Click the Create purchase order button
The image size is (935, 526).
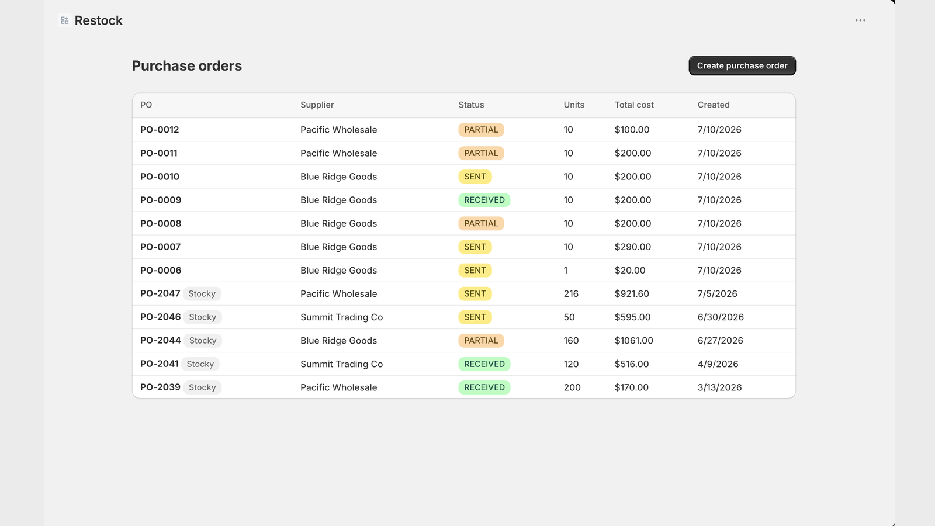tap(742, 65)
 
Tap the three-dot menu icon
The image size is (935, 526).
tap(860, 20)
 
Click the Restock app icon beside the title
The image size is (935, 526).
tap(65, 20)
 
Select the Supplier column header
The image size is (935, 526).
tap(317, 105)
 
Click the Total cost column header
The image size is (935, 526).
tap(634, 105)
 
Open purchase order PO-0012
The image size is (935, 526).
tap(160, 129)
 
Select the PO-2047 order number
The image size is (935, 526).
tap(160, 293)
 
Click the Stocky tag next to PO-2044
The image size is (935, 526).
tap(203, 340)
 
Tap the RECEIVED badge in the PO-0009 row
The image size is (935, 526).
tap(484, 199)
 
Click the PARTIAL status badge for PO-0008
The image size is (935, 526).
tap(482, 223)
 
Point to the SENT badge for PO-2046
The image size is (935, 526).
tap(475, 317)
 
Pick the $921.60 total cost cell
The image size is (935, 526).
tap(632, 293)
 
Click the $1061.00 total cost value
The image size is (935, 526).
tap(633, 340)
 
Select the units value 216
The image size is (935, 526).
tap(571, 293)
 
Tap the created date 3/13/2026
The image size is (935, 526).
tap(719, 387)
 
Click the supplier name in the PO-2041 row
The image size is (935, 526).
tap(341, 364)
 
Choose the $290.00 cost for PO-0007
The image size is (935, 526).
tap(633, 247)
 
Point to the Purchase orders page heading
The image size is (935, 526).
tap(187, 65)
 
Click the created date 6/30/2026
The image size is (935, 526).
tap(721, 317)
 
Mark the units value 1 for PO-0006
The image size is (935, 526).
tap(566, 270)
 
